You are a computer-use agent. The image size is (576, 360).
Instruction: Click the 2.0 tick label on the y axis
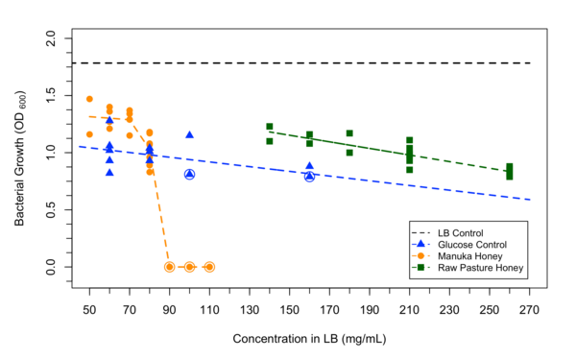[x=49, y=38]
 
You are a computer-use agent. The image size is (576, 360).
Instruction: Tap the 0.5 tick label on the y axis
[x=49, y=209]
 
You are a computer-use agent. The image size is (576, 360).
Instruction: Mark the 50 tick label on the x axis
[x=89, y=309]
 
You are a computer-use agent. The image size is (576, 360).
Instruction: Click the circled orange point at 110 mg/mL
[x=209, y=267]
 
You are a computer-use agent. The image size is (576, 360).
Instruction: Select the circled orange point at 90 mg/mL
[x=169, y=267]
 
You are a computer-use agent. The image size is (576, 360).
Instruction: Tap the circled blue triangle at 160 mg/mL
[x=309, y=176]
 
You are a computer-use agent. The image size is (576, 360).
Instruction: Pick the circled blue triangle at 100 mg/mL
[x=189, y=174]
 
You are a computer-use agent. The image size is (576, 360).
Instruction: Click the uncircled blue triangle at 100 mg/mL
[x=189, y=135]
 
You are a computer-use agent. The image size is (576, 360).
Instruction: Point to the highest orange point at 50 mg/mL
[x=89, y=99]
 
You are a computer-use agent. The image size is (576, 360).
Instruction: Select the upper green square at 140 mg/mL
[x=270, y=126]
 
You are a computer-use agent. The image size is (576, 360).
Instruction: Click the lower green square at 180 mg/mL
[x=349, y=153]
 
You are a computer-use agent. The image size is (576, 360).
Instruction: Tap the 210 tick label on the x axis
[x=409, y=309]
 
